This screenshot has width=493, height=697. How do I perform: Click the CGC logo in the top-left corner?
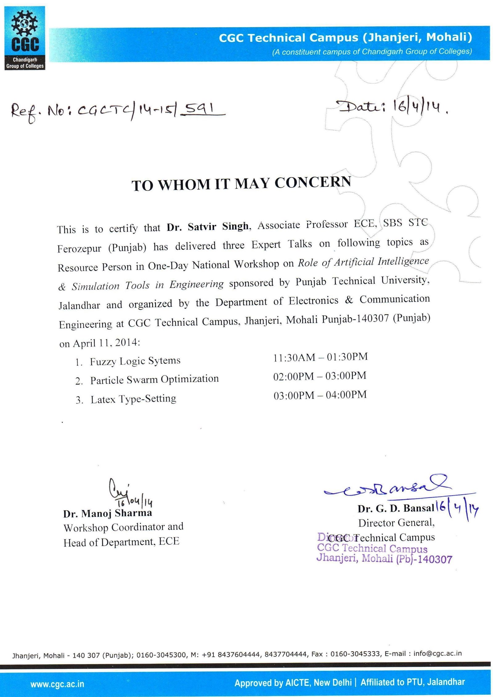[25, 38]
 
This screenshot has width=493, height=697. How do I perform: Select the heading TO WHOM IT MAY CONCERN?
[241, 184]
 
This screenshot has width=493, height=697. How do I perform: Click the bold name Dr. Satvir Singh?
[207, 227]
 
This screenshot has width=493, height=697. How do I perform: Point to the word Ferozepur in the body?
[79, 248]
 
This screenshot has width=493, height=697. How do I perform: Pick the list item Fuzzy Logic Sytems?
[135, 361]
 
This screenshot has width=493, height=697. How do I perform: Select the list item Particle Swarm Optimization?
[154, 379]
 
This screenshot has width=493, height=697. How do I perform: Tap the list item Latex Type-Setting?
[133, 399]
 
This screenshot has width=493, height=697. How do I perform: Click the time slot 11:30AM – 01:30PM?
[320, 357]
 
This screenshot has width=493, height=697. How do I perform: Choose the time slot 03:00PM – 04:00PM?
[320, 395]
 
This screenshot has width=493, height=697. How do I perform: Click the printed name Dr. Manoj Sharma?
[108, 513]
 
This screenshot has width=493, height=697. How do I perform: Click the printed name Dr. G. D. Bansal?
[396, 508]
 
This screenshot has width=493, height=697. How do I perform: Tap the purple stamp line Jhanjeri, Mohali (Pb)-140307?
[384, 559]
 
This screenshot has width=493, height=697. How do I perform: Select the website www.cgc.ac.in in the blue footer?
[57, 684]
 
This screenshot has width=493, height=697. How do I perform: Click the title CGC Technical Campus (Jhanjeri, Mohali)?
[345, 38]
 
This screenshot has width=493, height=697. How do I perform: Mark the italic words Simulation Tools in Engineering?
[148, 285]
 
